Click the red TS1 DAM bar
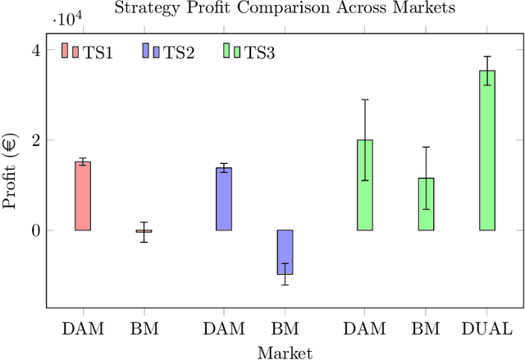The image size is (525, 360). tap(83, 196)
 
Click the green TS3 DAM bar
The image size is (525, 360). tap(365, 185)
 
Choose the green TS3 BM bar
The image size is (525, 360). tap(426, 204)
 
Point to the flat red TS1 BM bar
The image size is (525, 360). tap(144, 231)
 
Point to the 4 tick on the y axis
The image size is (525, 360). tap(34, 50)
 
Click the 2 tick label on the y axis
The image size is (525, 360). tap(34, 140)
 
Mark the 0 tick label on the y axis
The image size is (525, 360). tap(34, 230)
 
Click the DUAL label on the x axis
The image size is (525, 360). tap(487, 329)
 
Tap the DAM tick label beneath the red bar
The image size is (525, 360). tap(83, 329)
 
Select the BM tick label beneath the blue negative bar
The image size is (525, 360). tap(285, 329)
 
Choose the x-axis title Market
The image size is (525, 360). tap(285, 353)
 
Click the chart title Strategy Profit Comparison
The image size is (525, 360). tap(285, 9)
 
